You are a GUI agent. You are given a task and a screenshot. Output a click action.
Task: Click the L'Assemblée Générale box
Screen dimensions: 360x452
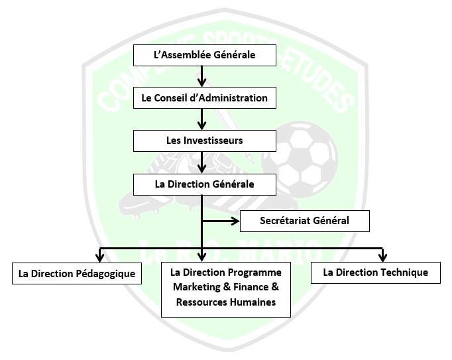pos(204,55)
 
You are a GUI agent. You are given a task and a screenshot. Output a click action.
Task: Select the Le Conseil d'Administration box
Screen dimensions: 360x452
pos(204,98)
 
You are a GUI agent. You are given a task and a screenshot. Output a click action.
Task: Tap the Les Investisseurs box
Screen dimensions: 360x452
pos(204,141)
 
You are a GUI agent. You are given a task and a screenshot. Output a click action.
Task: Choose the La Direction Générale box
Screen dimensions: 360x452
pos(204,184)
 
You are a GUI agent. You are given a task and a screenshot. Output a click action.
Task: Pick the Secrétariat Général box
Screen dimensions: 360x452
pos(304,220)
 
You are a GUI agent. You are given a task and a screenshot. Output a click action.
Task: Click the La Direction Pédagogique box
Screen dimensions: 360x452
pos(77,273)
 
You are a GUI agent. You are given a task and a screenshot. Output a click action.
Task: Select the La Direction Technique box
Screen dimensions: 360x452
pos(375,272)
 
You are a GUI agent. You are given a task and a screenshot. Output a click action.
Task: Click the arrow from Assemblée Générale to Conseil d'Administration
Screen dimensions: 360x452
pos(203,77)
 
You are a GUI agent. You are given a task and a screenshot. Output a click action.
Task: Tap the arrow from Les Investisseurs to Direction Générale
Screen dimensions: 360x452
pos(203,162)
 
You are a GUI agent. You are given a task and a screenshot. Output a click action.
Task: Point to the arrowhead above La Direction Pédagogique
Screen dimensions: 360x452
pos(100,256)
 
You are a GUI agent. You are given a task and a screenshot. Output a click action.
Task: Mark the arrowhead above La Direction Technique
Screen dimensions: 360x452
pos(382,256)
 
